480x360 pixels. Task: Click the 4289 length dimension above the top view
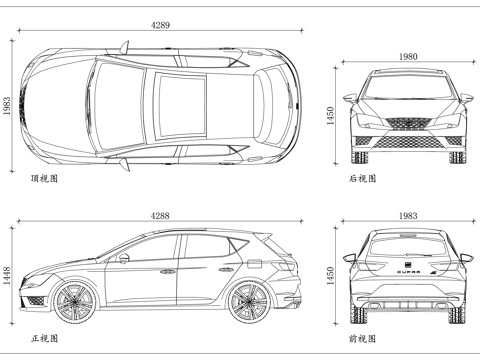pyautogui.click(x=160, y=22)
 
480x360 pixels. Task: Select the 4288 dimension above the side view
pyautogui.click(x=160, y=215)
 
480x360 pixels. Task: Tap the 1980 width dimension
pyautogui.click(x=406, y=56)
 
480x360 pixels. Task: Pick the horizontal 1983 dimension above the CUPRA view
pyautogui.click(x=406, y=215)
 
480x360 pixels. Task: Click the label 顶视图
pyautogui.click(x=45, y=179)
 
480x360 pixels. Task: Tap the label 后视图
pyautogui.click(x=362, y=179)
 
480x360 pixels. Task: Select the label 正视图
pyautogui.click(x=45, y=338)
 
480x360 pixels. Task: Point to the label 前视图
pyautogui.click(x=362, y=338)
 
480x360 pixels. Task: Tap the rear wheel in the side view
pyautogui.click(x=247, y=300)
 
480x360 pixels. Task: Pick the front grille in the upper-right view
pyautogui.click(x=406, y=124)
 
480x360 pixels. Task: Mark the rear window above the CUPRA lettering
pyautogui.click(x=406, y=244)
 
